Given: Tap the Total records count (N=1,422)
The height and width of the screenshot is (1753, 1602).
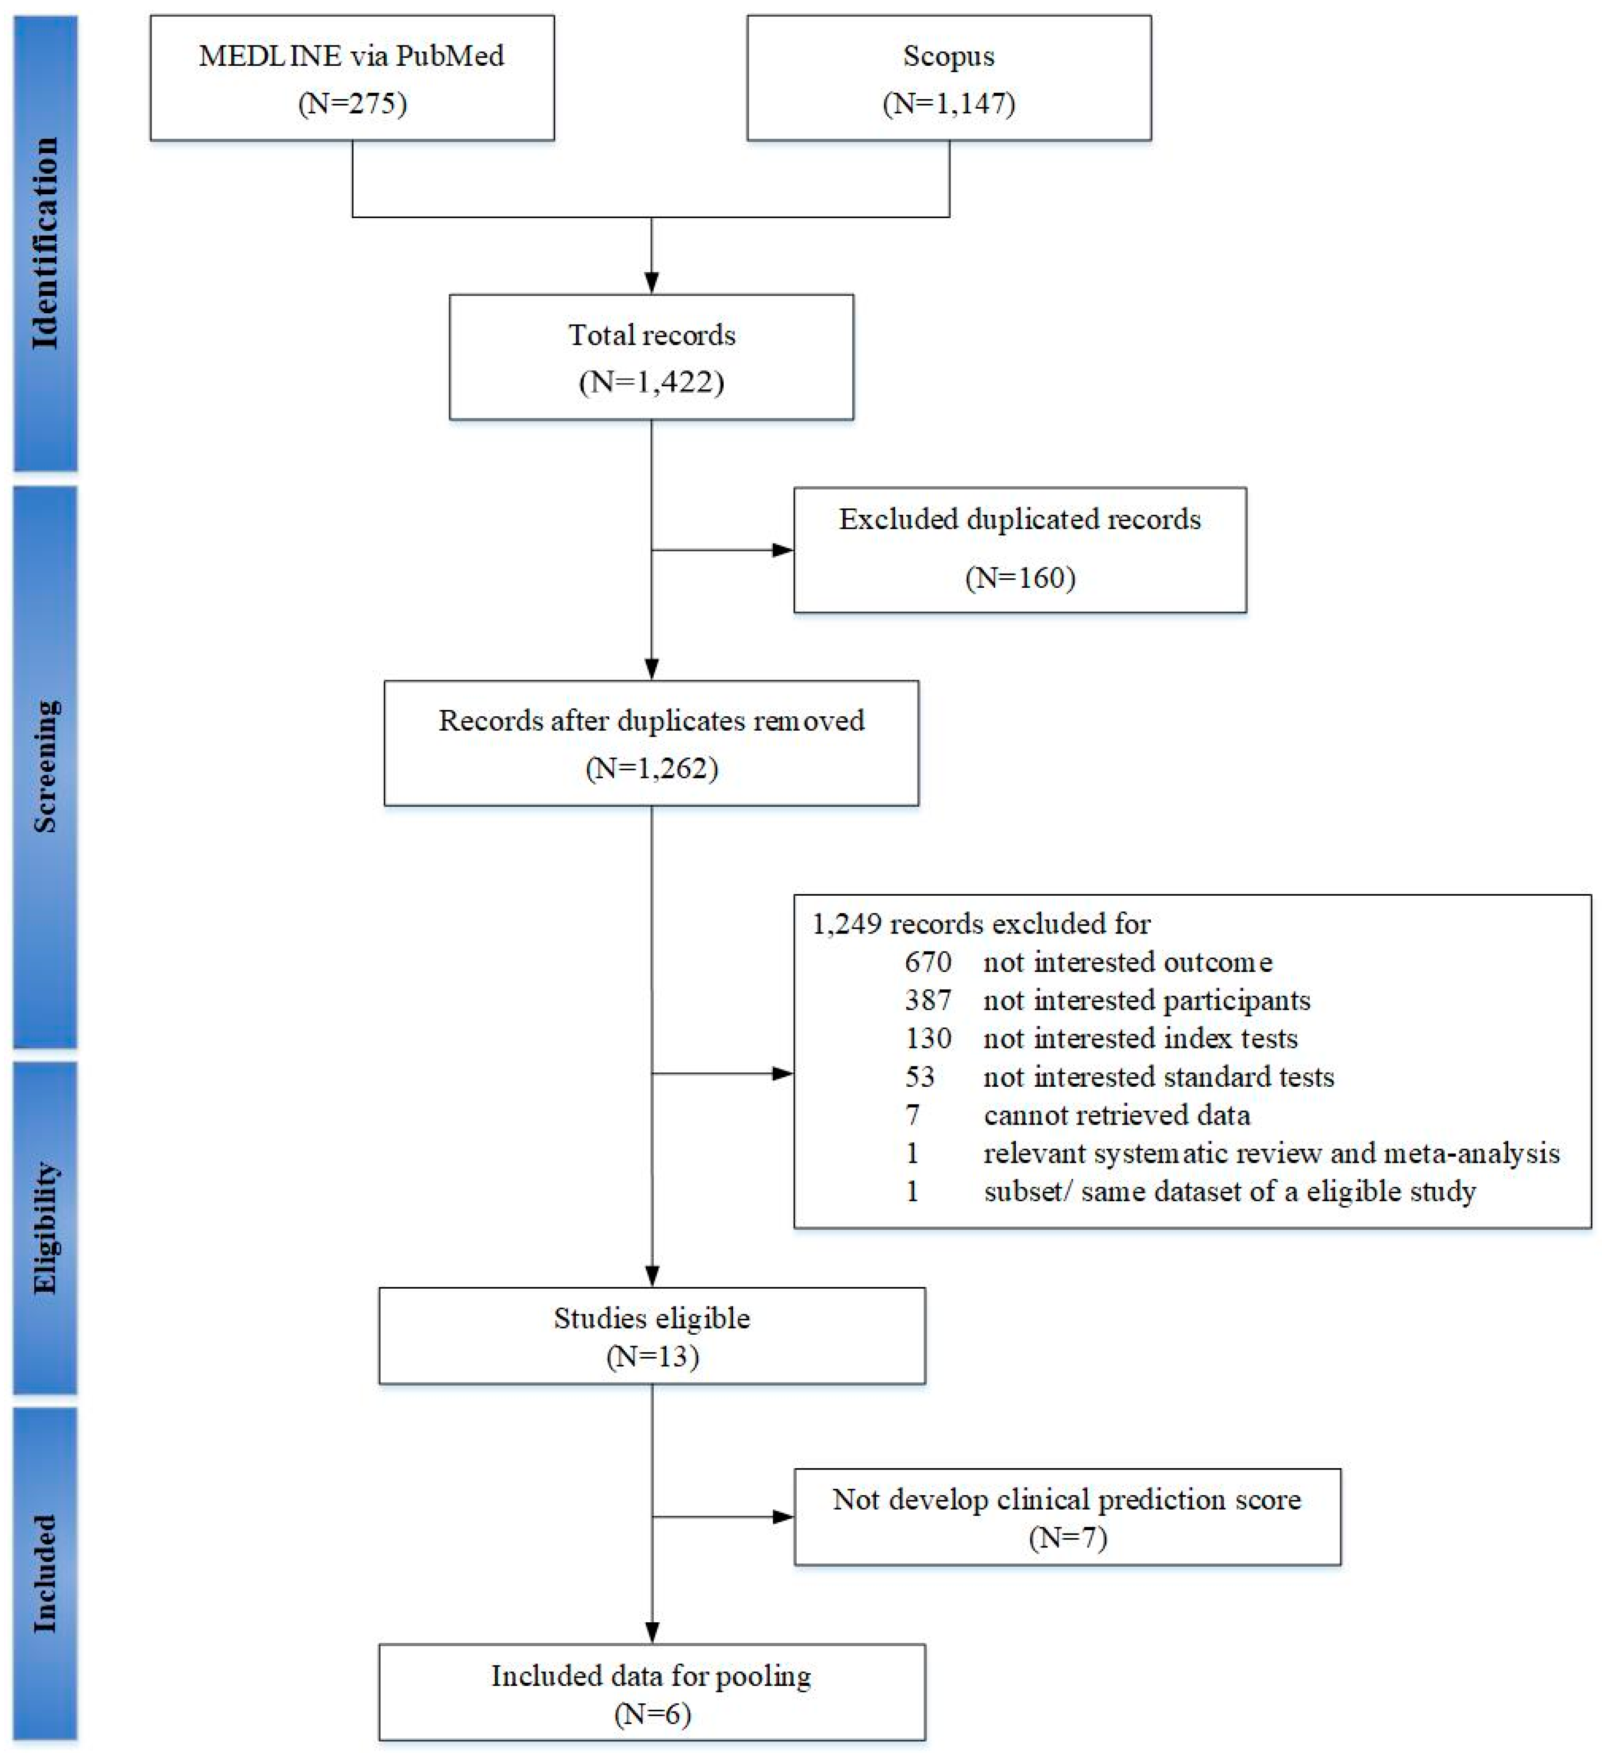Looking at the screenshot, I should coord(652,383).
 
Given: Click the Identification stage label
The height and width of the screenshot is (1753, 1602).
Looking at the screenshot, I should coord(45,243).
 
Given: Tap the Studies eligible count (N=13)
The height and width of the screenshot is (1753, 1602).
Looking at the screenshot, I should coord(652,1356).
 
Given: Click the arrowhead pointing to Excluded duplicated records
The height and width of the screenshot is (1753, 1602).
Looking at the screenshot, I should coord(783,549).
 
